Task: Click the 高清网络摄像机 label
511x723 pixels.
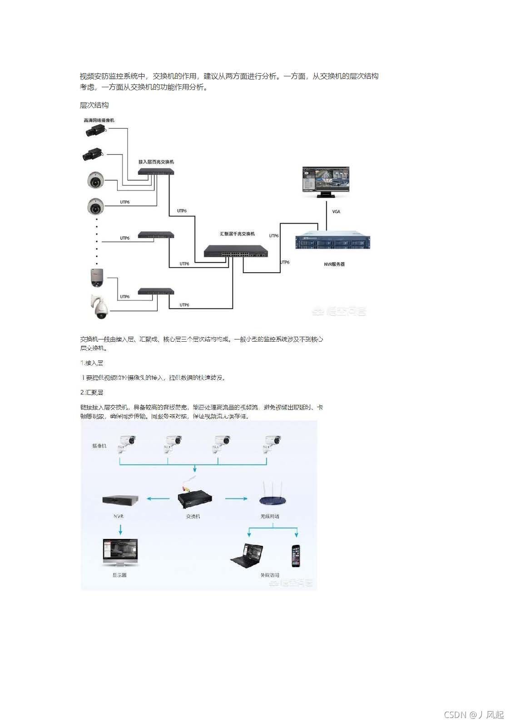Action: tap(99, 120)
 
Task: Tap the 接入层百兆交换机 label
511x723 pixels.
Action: tap(156, 162)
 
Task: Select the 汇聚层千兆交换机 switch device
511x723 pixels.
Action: tap(235, 251)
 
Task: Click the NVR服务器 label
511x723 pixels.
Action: tap(334, 264)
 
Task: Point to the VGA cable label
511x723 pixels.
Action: tap(336, 211)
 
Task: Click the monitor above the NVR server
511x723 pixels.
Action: tap(326, 181)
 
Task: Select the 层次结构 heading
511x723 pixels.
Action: tap(94, 105)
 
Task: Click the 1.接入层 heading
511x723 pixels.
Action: tap(91, 363)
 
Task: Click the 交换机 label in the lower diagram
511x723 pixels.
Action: tap(193, 517)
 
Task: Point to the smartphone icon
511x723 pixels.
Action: tap(297, 555)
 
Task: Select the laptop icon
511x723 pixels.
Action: tap(248, 555)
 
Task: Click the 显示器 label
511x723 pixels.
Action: tap(119, 575)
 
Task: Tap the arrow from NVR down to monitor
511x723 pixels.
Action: tap(120, 529)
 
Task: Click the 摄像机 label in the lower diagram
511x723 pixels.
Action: tap(99, 446)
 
